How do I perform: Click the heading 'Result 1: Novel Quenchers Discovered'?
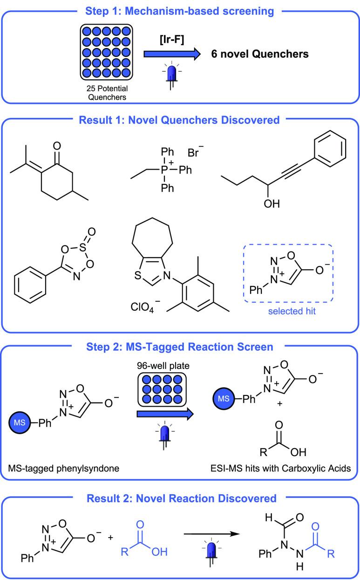coord(180,120)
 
